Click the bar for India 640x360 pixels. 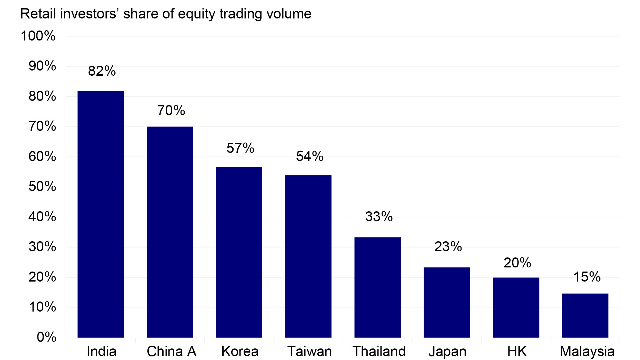pyautogui.click(x=101, y=214)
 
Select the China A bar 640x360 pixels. pyautogui.click(x=169, y=232)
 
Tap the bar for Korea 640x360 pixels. pyautogui.click(x=239, y=252)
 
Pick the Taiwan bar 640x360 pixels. pyautogui.click(x=308, y=256)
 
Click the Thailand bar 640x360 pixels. pyautogui.click(x=377, y=287)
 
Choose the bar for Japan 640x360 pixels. pyautogui.click(x=447, y=303)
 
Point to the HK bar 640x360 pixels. pyautogui.click(x=516, y=307)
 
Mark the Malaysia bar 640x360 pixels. pyautogui.click(x=585, y=315)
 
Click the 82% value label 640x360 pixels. pyautogui.click(x=102, y=71)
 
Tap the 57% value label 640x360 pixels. pyautogui.click(x=240, y=148)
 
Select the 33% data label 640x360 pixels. pyautogui.click(x=379, y=217)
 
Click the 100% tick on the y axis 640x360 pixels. pyautogui.click(x=38, y=36)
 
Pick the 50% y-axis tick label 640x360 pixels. pyautogui.click(x=42, y=187)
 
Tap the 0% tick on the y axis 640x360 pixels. pyautogui.click(x=46, y=337)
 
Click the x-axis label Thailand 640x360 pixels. pyautogui.click(x=379, y=352)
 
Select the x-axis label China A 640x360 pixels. pyautogui.click(x=171, y=352)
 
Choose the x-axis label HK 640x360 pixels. pyautogui.click(x=517, y=352)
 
